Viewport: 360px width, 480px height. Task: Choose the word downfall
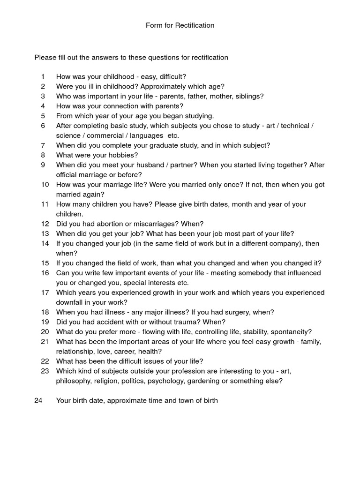[x=72, y=302]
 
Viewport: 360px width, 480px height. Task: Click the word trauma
[x=182, y=322]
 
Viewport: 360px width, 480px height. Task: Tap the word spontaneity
[x=291, y=332]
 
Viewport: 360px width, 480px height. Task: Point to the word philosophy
[x=75, y=381]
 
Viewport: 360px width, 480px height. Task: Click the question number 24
[x=38, y=401]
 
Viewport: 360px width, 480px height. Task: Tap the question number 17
[x=45, y=292]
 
